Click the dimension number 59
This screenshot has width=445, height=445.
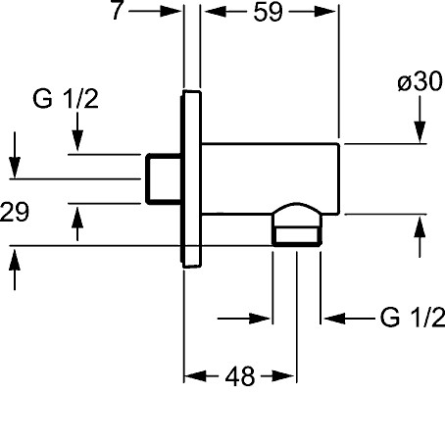[x=268, y=13]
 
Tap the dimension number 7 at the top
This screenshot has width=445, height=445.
[x=117, y=10]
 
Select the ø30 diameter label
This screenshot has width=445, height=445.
[x=420, y=81]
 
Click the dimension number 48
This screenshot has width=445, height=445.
[x=239, y=376]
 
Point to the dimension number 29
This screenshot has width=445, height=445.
[x=15, y=212]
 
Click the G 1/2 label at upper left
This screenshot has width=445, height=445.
[x=66, y=99]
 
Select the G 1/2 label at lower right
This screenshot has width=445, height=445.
[x=413, y=317]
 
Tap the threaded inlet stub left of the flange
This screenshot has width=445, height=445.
[x=164, y=179]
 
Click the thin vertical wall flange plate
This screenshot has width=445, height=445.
[x=191, y=179]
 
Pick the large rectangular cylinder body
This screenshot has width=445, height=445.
[x=271, y=178]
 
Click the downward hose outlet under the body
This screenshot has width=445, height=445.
[x=297, y=224]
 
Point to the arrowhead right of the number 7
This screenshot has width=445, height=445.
[x=171, y=12]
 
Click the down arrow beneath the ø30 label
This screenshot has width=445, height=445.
[x=420, y=120]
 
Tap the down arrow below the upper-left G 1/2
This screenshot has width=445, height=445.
[x=77, y=131]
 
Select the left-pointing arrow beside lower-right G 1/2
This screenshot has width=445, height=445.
[x=349, y=318]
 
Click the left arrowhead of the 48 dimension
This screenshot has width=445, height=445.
[x=195, y=376]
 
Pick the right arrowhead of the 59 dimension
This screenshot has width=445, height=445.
[x=324, y=12]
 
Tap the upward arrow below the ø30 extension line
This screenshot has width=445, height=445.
[x=420, y=237]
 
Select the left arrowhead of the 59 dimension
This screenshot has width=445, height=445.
[x=216, y=12]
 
